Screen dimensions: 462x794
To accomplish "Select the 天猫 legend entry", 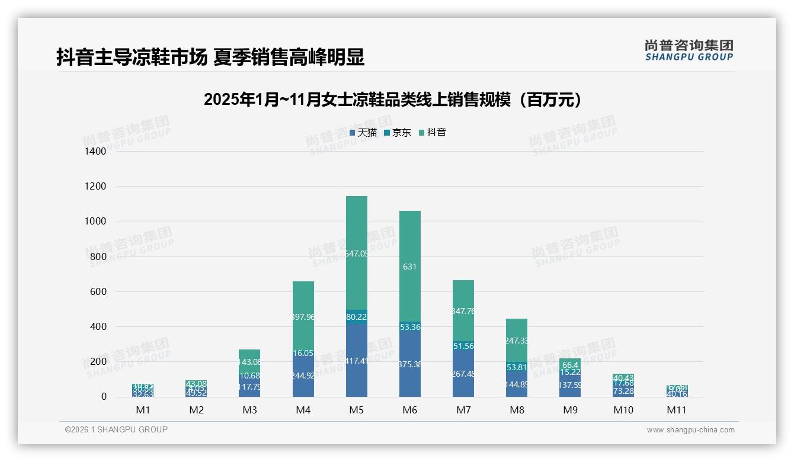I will point(363,133).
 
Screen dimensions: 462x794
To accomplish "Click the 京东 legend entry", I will point(398,133).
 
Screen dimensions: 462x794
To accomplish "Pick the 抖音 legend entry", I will point(433,133).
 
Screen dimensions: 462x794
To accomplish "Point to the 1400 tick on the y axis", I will point(95,152).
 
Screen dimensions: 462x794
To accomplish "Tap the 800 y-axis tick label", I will point(98,256).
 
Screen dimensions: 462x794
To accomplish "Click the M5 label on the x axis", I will point(356,410).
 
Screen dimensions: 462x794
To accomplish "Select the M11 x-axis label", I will point(677,410).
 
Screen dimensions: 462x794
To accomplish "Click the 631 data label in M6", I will point(409,267).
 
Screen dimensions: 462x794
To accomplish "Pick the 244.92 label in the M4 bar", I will point(303,374).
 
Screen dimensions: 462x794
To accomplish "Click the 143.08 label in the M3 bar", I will point(249,362).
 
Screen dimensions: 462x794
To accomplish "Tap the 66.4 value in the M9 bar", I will point(569,365).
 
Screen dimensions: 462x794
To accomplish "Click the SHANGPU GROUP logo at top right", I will point(689,50).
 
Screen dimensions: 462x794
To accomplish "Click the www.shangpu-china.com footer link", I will point(690,430).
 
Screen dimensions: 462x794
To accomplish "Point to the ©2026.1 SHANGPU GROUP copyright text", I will point(116,429).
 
